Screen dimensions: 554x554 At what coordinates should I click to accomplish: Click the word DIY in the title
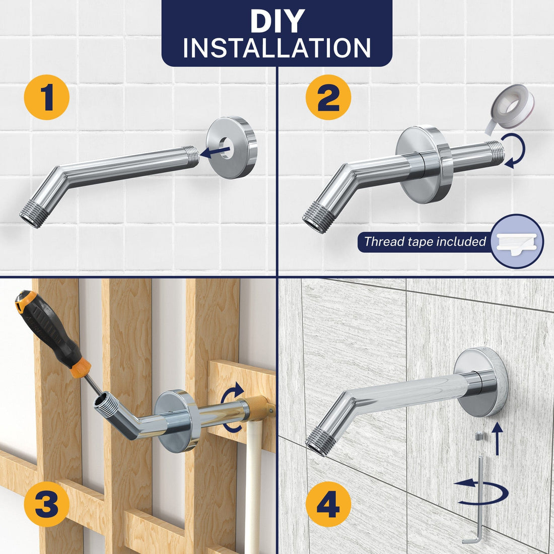tap(277, 21)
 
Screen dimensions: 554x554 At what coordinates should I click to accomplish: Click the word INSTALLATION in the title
tap(277, 48)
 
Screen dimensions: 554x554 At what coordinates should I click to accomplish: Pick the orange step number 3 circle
tap(47, 504)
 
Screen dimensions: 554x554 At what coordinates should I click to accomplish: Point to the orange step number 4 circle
tap(328, 504)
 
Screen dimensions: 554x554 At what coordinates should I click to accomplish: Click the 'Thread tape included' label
tap(425, 242)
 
